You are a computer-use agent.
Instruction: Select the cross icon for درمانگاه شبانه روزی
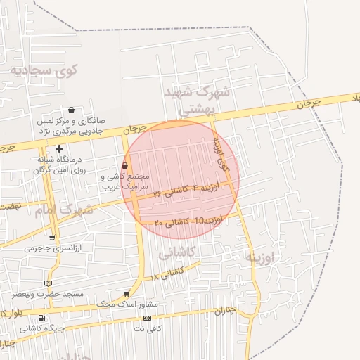[x=60, y=148]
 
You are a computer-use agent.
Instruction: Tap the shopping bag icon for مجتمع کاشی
[x=124, y=165]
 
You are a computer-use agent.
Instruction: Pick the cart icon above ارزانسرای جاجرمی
[x=52, y=238]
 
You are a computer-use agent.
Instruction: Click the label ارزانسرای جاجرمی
[x=53, y=248]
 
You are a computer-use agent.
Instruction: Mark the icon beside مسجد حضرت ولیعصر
[x=48, y=283]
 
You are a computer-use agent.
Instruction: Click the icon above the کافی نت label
[x=146, y=318]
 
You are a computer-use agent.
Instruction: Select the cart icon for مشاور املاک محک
[x=127, y=294]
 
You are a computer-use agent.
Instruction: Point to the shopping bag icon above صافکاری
[x=72, y=110]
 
